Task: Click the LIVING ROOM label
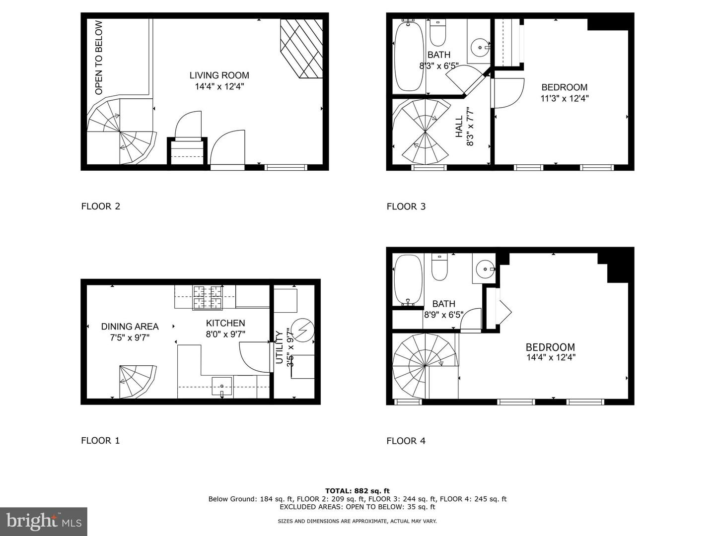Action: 219,75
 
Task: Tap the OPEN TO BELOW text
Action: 99,58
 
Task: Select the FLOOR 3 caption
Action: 406,206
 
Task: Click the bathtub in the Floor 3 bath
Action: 409,56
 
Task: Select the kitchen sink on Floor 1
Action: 222,385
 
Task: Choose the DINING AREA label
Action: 130,327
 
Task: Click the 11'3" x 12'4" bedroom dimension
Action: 564,98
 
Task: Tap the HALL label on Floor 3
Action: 459,127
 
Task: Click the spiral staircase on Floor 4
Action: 425,366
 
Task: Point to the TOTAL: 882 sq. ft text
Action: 357,491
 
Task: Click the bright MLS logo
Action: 44,521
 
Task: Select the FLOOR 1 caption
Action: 100,440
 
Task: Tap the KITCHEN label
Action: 225,323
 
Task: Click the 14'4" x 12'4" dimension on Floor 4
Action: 551,357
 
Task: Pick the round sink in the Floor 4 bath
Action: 484,269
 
